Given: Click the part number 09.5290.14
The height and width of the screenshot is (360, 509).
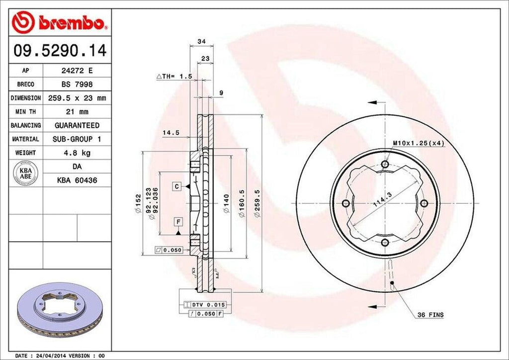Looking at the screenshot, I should tap(60, 50).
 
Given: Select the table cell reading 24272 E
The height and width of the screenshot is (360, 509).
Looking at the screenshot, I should tap(77, 71).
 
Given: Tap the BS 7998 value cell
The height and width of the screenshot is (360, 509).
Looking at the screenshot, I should tap(77, 85).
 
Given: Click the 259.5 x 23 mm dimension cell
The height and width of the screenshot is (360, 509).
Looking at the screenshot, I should tap(77, 98).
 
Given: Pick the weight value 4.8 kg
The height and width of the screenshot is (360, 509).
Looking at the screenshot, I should tap(77, 153).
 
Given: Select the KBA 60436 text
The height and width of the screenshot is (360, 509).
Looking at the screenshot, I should tap(77, 180).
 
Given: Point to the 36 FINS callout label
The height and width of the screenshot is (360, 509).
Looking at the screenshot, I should tap(430, 315).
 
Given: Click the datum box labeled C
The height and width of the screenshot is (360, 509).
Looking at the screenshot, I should tap(176, 186).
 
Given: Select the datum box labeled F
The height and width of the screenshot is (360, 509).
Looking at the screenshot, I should tap(176, 221).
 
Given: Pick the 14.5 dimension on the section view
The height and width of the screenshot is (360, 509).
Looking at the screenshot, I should tap(170, 133).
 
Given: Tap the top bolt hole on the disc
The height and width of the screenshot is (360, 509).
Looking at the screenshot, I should tap(385, 165).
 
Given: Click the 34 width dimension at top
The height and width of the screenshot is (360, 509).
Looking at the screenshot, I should tap(201, 41).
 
